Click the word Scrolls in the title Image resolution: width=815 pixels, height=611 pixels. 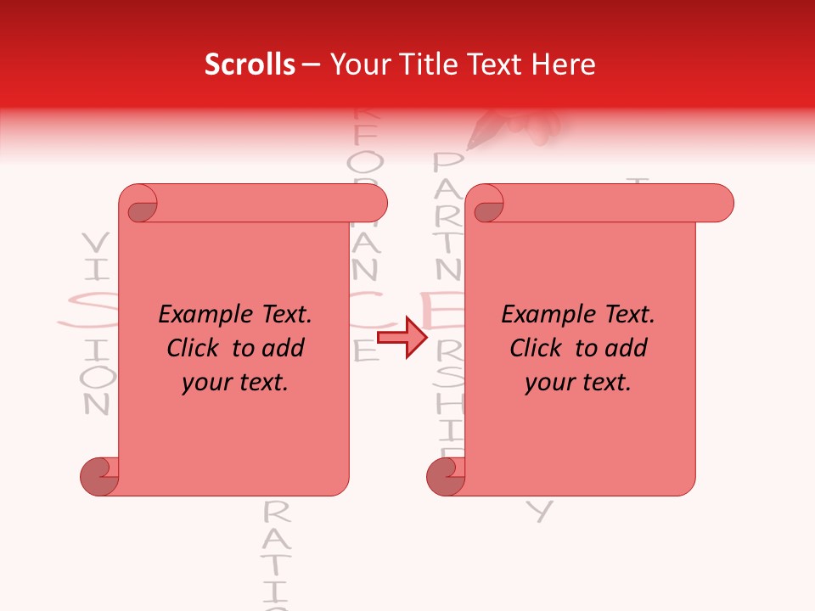(250, 64)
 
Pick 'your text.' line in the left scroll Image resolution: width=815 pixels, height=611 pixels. (235, 383)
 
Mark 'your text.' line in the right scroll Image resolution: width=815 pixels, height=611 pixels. (578, 383)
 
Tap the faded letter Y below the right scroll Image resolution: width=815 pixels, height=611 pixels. (541, 511)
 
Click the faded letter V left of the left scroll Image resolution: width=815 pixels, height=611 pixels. (96, 243)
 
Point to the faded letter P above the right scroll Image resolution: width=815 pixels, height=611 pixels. (447, 164)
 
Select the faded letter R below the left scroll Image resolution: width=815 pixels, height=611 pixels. (277, 512)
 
